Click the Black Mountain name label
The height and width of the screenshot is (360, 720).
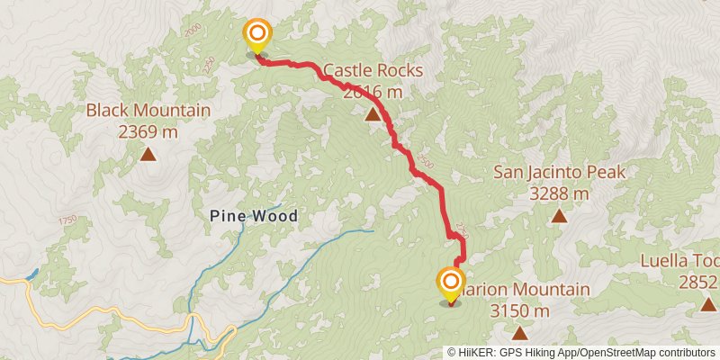tap(148, 112)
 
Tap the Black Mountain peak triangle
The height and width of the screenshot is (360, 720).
tap(148, 155)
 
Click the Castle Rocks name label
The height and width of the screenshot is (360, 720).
tap(372, 70)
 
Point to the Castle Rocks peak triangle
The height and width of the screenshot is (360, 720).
tap(372, 114)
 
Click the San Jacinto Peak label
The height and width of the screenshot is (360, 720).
tap(559, 172)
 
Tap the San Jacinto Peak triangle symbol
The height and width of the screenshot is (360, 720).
tap(559, 215)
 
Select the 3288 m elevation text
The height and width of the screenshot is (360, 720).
tap(559, 193)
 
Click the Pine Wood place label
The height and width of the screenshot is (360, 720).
tap(253, 216)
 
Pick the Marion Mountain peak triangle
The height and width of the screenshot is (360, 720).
tap(520, 333)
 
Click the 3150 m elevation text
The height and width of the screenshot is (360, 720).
tap(520, 310)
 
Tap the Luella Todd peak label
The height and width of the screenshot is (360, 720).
tap(679, 263)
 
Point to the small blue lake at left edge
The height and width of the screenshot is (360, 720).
tap(32, 273)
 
